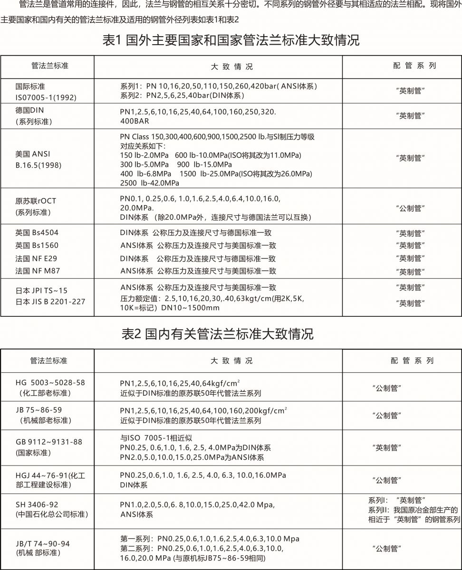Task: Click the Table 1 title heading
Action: pyautogui.click(x=231, y=40)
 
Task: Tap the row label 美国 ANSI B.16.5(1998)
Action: pyautogui.click(x=38, y=160)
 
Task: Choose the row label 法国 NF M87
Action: pyautogui.click(x=38, y=271)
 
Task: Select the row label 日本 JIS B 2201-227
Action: pyautogui.click(x=50, y=302)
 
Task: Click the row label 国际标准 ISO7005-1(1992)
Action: pyautogui.click(x=46, y=92)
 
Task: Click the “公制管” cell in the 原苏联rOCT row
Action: pyautogui.click(x=410, y=208)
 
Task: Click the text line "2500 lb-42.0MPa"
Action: pyautogui.click(x=150, y=183)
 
